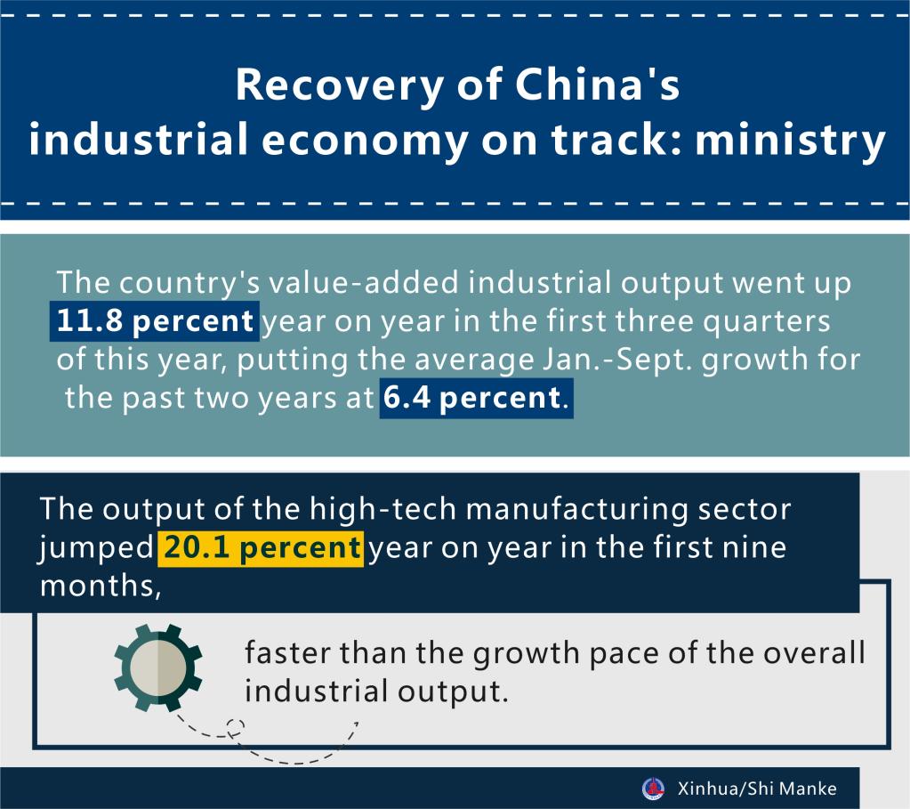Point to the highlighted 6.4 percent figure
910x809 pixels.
(x=470, y=398)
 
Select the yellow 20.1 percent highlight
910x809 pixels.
(x=260, y=547)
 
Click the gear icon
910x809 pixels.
(x=158, y=669)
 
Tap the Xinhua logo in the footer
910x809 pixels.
(x=654, y=789)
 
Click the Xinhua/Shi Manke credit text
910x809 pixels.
(x=756, y=789)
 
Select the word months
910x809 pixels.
(x=96, y=586)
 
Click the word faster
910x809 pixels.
(x=292, y=655)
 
